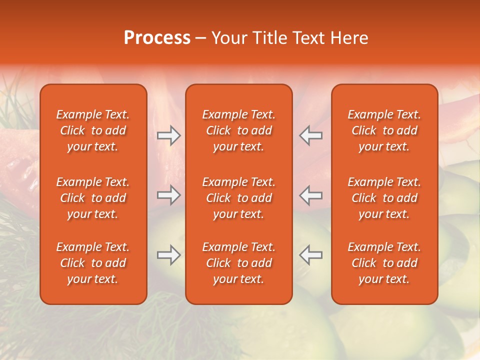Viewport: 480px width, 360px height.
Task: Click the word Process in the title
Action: pyautogui.click(x=157, y=38)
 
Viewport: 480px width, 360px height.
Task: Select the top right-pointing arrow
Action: pyautogui.click(x=168, y=135)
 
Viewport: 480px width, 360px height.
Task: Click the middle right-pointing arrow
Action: pyautogui.click(x=168, y=195)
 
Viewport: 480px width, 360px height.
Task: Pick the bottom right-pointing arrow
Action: pyautogui.click(x=168, y=255)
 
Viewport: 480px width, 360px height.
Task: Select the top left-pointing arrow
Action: pyautogui.click(x=311, y=135)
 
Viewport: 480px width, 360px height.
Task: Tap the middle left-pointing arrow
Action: pyautogui.click(x=311, y=195)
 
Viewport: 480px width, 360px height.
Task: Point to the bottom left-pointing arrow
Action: pyautogui.click(x=311, y=255)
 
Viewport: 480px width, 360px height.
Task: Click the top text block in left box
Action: pyautogui.click(x=93, y=130)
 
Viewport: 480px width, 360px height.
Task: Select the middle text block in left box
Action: pyautogui.click(x=93, y=198)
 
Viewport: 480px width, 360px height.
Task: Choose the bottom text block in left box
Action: pyautogui.click(x=93, y=263)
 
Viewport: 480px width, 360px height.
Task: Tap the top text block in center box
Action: pyautogui.click(x=239, y=130)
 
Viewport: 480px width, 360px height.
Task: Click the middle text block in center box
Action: pyautogui.click(x=239, y=198)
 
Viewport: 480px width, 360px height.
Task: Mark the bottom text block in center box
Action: pyautogui.click(x=239, y=263)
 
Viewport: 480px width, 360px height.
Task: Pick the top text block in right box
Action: pyautogui.click(x=384, y=130)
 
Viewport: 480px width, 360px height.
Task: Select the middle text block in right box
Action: pyautogui.click(x=384, y=198)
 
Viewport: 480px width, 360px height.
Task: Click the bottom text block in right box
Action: pyautogui.click(x=384, y=263)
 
